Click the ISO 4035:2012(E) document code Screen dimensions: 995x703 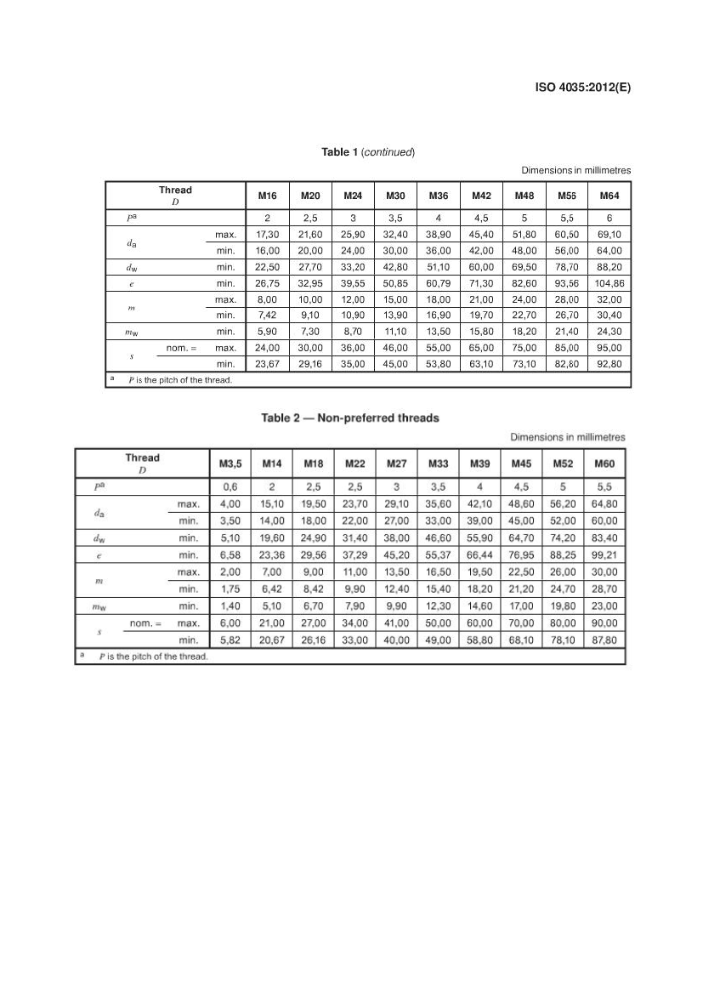point(583,87)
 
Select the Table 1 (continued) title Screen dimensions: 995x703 point(368,152)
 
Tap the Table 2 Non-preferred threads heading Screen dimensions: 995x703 point(349,418)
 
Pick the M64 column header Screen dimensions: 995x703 point(609,196)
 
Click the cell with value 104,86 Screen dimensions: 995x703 point(609,282)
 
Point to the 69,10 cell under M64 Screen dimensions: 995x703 point(609,233)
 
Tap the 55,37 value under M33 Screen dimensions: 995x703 point(438,555)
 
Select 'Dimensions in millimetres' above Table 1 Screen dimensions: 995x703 point(575,170)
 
